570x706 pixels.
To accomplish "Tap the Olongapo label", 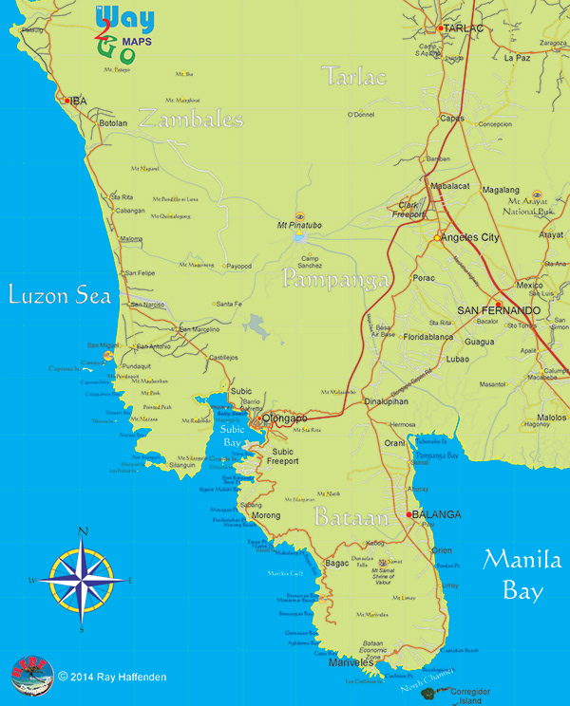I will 286,417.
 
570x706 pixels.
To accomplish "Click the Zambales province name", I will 190,120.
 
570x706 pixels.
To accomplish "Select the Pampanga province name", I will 335,280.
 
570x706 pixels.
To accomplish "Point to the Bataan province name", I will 352,519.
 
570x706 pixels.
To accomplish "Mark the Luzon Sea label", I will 60,296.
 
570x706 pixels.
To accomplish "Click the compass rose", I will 83,578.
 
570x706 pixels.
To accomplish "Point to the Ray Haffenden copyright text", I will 114,677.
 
